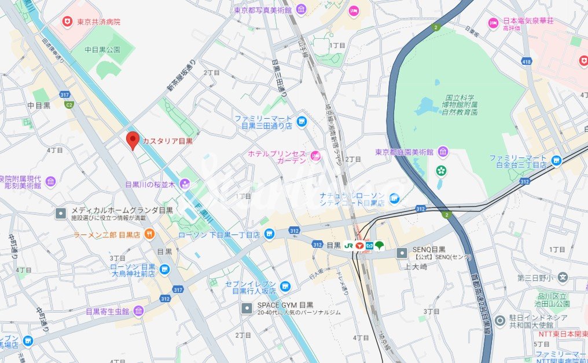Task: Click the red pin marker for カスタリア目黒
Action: tap(133, 140)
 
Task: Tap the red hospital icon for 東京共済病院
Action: tap(68, 21)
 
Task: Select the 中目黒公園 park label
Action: tap(102, 50)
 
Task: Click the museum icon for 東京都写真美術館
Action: tap(301, 10)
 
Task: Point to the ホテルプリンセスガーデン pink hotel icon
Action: tap(315, 155)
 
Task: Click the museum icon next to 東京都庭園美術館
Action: tap(443, 152)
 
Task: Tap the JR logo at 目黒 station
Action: tap(350, 245)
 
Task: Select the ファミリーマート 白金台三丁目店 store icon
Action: tap(556, 160)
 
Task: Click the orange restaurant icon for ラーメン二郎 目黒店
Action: tap(150, 234)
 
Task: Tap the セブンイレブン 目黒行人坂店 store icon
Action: tap(285, 286)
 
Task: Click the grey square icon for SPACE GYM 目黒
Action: tap(247, 308)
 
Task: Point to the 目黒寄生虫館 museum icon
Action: tap(138, 311)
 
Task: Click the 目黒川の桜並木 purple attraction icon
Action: tap(185, 184)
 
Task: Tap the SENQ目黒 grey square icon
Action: tap(402, 252)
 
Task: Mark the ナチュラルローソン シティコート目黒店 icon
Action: tap(395, 199)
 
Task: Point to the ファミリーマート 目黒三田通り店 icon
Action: tap(301, 121)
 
